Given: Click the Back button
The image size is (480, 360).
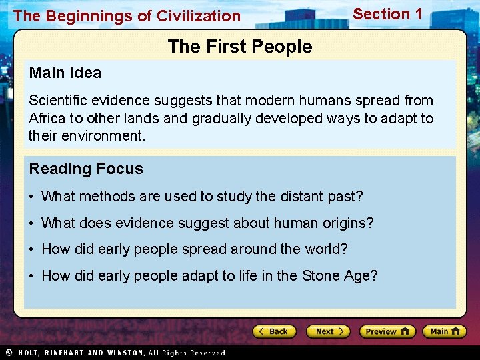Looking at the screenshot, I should pyautogui.click(x=274, y=331).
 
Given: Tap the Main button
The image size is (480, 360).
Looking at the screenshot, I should pyautogui.click(x=445, y=331).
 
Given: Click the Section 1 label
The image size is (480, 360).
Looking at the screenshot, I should pyautogui.click(x=387, y=14).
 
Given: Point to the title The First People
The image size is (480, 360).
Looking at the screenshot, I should pyautogui.click(x=240, y=47).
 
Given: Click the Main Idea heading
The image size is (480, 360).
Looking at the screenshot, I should pyautogui.click(x=65, y=73).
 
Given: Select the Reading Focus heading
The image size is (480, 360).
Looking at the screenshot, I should pyautogui.click(x=86, y=169).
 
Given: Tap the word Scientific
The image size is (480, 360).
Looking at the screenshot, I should pyautogui.click(x=61, y=101).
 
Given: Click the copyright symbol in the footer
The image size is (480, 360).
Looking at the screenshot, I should pyautogui.click(x=9, y=352).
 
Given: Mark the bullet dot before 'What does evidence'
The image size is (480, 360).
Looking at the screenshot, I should pyautogui.click(x=32, y=223).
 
